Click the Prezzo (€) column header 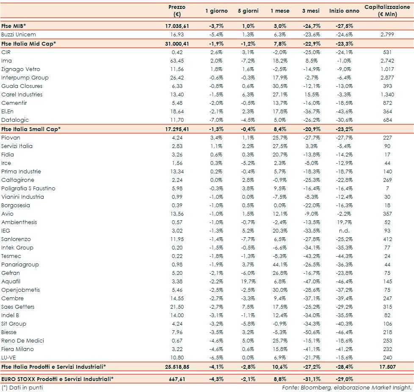[177, 11]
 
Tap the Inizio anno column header [344, 11]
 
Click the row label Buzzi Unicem [18, 34]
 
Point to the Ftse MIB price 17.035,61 [177, 26]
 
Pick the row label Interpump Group [25, 77]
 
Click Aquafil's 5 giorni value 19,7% [248, 281]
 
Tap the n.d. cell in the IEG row [344, 230]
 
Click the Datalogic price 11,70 [177, 120]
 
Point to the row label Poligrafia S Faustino [28, 188]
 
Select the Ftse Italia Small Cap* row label [31, 129]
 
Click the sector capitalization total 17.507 [387, 367]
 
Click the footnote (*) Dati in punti [22, 387]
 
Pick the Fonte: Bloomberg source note [347, 387]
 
